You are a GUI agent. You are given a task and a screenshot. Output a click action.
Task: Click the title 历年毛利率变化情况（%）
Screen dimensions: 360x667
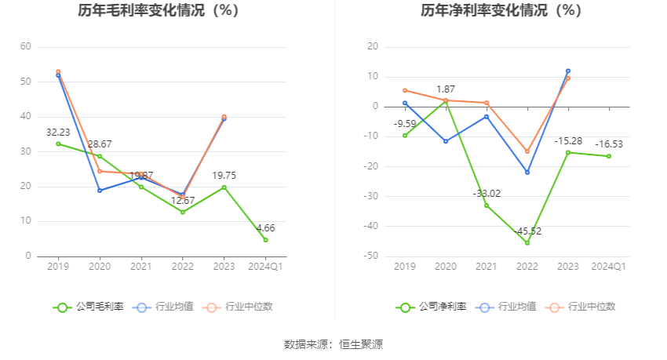159,11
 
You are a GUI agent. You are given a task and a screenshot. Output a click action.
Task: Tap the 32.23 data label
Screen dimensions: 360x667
59,132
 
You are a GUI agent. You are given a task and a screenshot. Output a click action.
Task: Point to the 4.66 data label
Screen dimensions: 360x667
265,227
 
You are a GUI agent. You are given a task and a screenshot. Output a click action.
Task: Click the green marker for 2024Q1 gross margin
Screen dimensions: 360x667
265,240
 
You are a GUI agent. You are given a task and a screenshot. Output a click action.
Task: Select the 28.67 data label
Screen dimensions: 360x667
100,144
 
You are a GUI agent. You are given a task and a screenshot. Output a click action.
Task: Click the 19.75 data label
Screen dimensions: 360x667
224,176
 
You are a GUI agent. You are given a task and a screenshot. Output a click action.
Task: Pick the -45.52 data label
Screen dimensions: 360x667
527,231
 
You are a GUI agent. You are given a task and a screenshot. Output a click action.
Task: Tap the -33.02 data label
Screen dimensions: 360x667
487,194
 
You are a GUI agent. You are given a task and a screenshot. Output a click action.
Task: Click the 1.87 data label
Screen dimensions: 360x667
446,89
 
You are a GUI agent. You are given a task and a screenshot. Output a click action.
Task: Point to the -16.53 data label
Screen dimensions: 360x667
609,144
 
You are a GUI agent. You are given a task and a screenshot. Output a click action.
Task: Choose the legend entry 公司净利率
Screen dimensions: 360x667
431,307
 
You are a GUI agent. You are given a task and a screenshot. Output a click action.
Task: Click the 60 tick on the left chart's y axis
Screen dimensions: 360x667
25,47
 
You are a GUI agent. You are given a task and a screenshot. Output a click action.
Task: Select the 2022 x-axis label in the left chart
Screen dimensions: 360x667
182,267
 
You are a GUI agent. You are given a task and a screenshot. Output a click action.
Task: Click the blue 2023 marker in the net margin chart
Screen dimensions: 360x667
568,71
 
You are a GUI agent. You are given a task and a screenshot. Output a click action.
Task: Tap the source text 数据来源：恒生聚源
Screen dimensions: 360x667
333,344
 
